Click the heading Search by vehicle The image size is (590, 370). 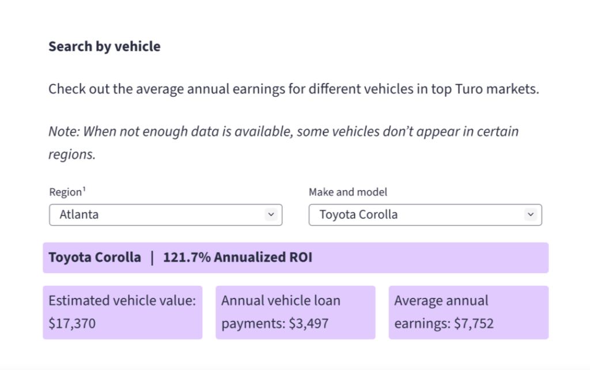point(104,47)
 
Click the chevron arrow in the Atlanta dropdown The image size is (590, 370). point(270,214)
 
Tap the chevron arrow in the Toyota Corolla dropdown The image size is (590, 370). point(530,214)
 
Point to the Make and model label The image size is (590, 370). point(348,192)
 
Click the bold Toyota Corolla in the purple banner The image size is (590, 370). point(94,257)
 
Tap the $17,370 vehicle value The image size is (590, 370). point(72,323)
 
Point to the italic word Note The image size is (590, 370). point(62,131)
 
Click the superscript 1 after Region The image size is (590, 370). point(84,190)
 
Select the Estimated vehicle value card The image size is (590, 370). point(122,312)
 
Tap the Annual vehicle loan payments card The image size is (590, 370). point(295,312)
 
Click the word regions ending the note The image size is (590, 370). point(71,155)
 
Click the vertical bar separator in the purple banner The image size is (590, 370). point(152,257)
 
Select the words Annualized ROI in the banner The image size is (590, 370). point(263,257)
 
